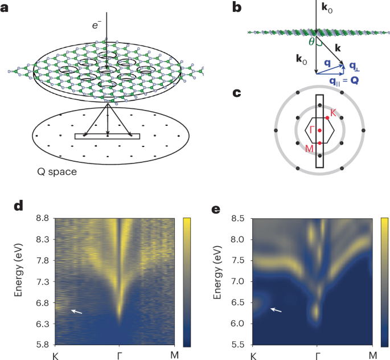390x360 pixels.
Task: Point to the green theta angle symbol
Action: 311,42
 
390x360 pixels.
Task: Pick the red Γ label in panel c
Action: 312,130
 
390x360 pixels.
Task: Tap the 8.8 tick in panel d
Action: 42,219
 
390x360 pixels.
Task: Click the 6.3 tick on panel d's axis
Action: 42,324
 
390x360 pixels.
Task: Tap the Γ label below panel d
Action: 119,355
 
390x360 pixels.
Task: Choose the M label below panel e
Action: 372,355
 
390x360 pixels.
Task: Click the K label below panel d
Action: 55,355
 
